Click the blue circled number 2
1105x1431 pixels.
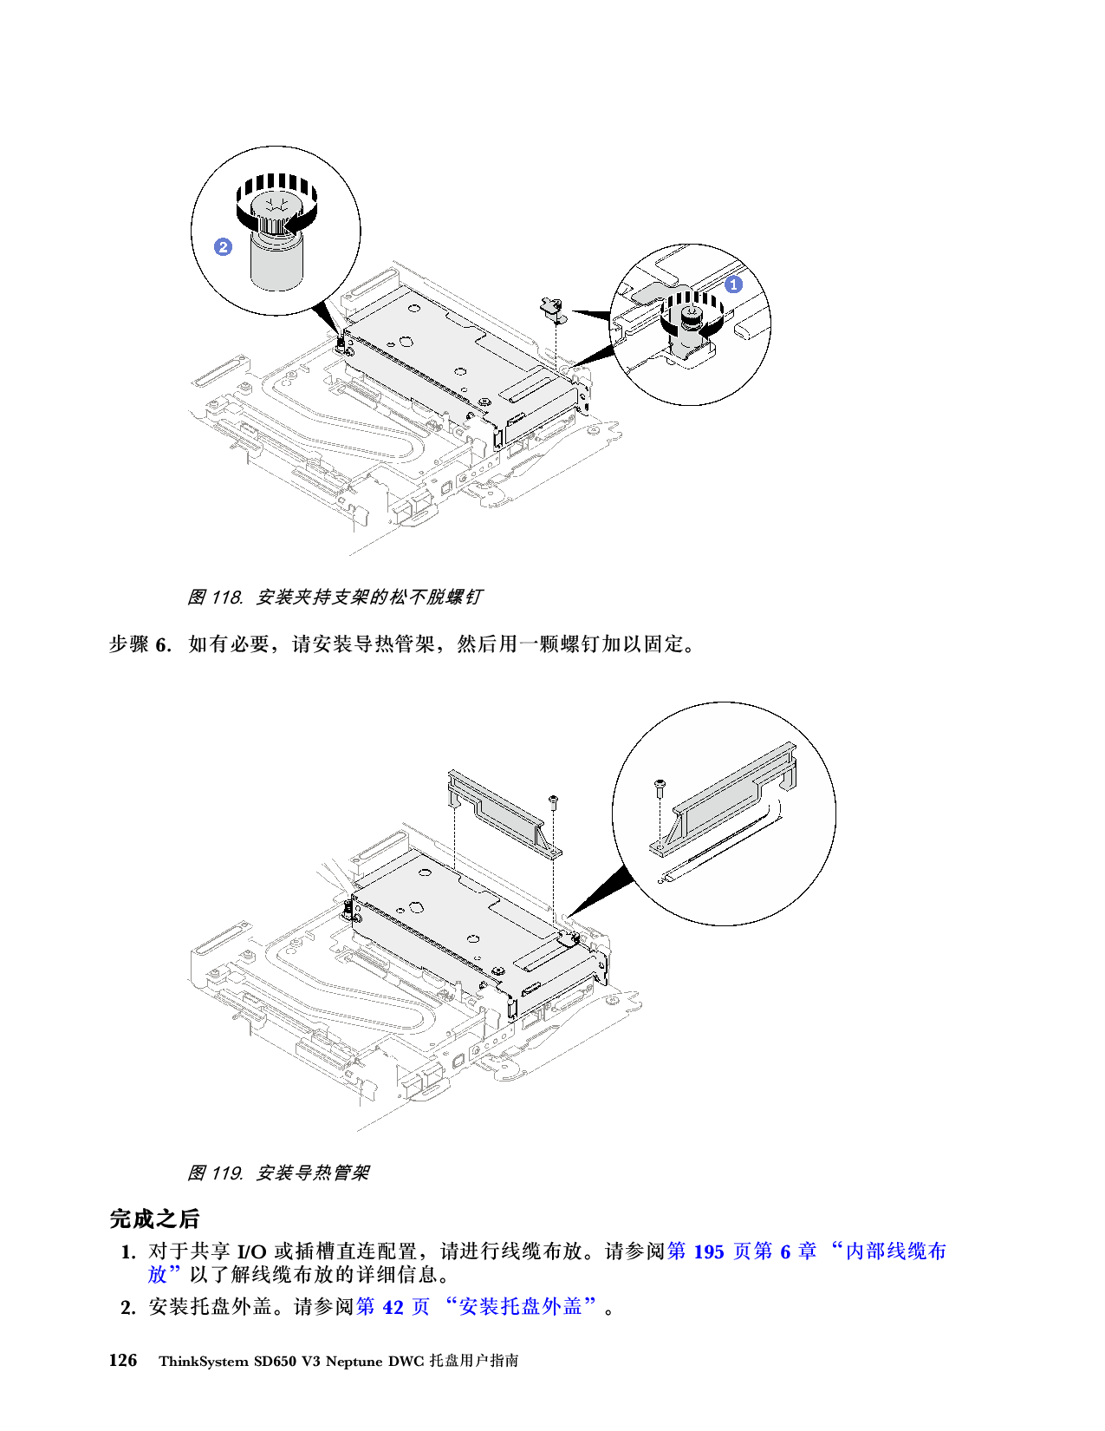pyautogui.click(x=223, y=247)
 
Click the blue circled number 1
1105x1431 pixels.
pyautogui.click(x=733, y=284)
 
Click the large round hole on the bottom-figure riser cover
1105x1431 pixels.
pyautogui.click(x=417, y=907)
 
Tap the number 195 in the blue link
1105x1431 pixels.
pyautogui.click(x=708, y=1251)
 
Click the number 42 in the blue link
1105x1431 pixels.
pyautogui.click(x=393, y=1307)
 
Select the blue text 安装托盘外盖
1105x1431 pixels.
pyautogui.click(x=520, y=1307)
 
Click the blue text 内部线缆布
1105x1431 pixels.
pyautogui.click(x=895, y=1251)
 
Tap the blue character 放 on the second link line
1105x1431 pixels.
pyautogui.click(x=157, y=1274)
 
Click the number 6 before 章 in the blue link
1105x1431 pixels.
pyautogui.click(x=785, y=1251)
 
